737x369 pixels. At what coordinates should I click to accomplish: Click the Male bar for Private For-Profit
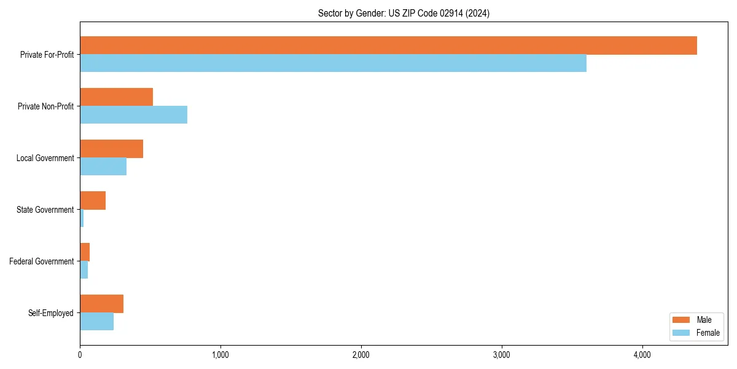pos(388,46)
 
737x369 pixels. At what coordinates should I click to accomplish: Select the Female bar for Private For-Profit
pos(333,63)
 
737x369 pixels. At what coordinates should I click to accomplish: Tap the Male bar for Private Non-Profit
pos(116,97)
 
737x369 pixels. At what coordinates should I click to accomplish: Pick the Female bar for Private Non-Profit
pos(133,114)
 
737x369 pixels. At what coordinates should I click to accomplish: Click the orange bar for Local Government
pos(111,149)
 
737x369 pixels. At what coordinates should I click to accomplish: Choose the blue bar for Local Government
pos(103,166)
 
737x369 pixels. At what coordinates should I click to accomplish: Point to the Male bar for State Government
pos(93,200)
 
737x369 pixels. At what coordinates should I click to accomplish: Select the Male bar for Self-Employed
pos(101,304)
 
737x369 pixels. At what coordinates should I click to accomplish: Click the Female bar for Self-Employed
pos(96,321)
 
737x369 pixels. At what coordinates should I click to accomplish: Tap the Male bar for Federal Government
pos(85,252)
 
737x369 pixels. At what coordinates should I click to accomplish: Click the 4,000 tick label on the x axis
pos(642,355)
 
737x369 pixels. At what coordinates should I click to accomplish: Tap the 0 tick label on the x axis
pos(80,355)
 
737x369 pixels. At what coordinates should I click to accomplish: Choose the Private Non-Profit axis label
pos(45,106)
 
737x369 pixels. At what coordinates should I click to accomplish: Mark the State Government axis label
pos(45,210)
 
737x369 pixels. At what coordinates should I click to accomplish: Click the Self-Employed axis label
pos(51,313)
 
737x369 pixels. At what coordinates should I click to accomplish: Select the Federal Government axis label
pos(42,261)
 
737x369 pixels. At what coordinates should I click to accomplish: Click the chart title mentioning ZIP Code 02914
pos(404,13)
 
